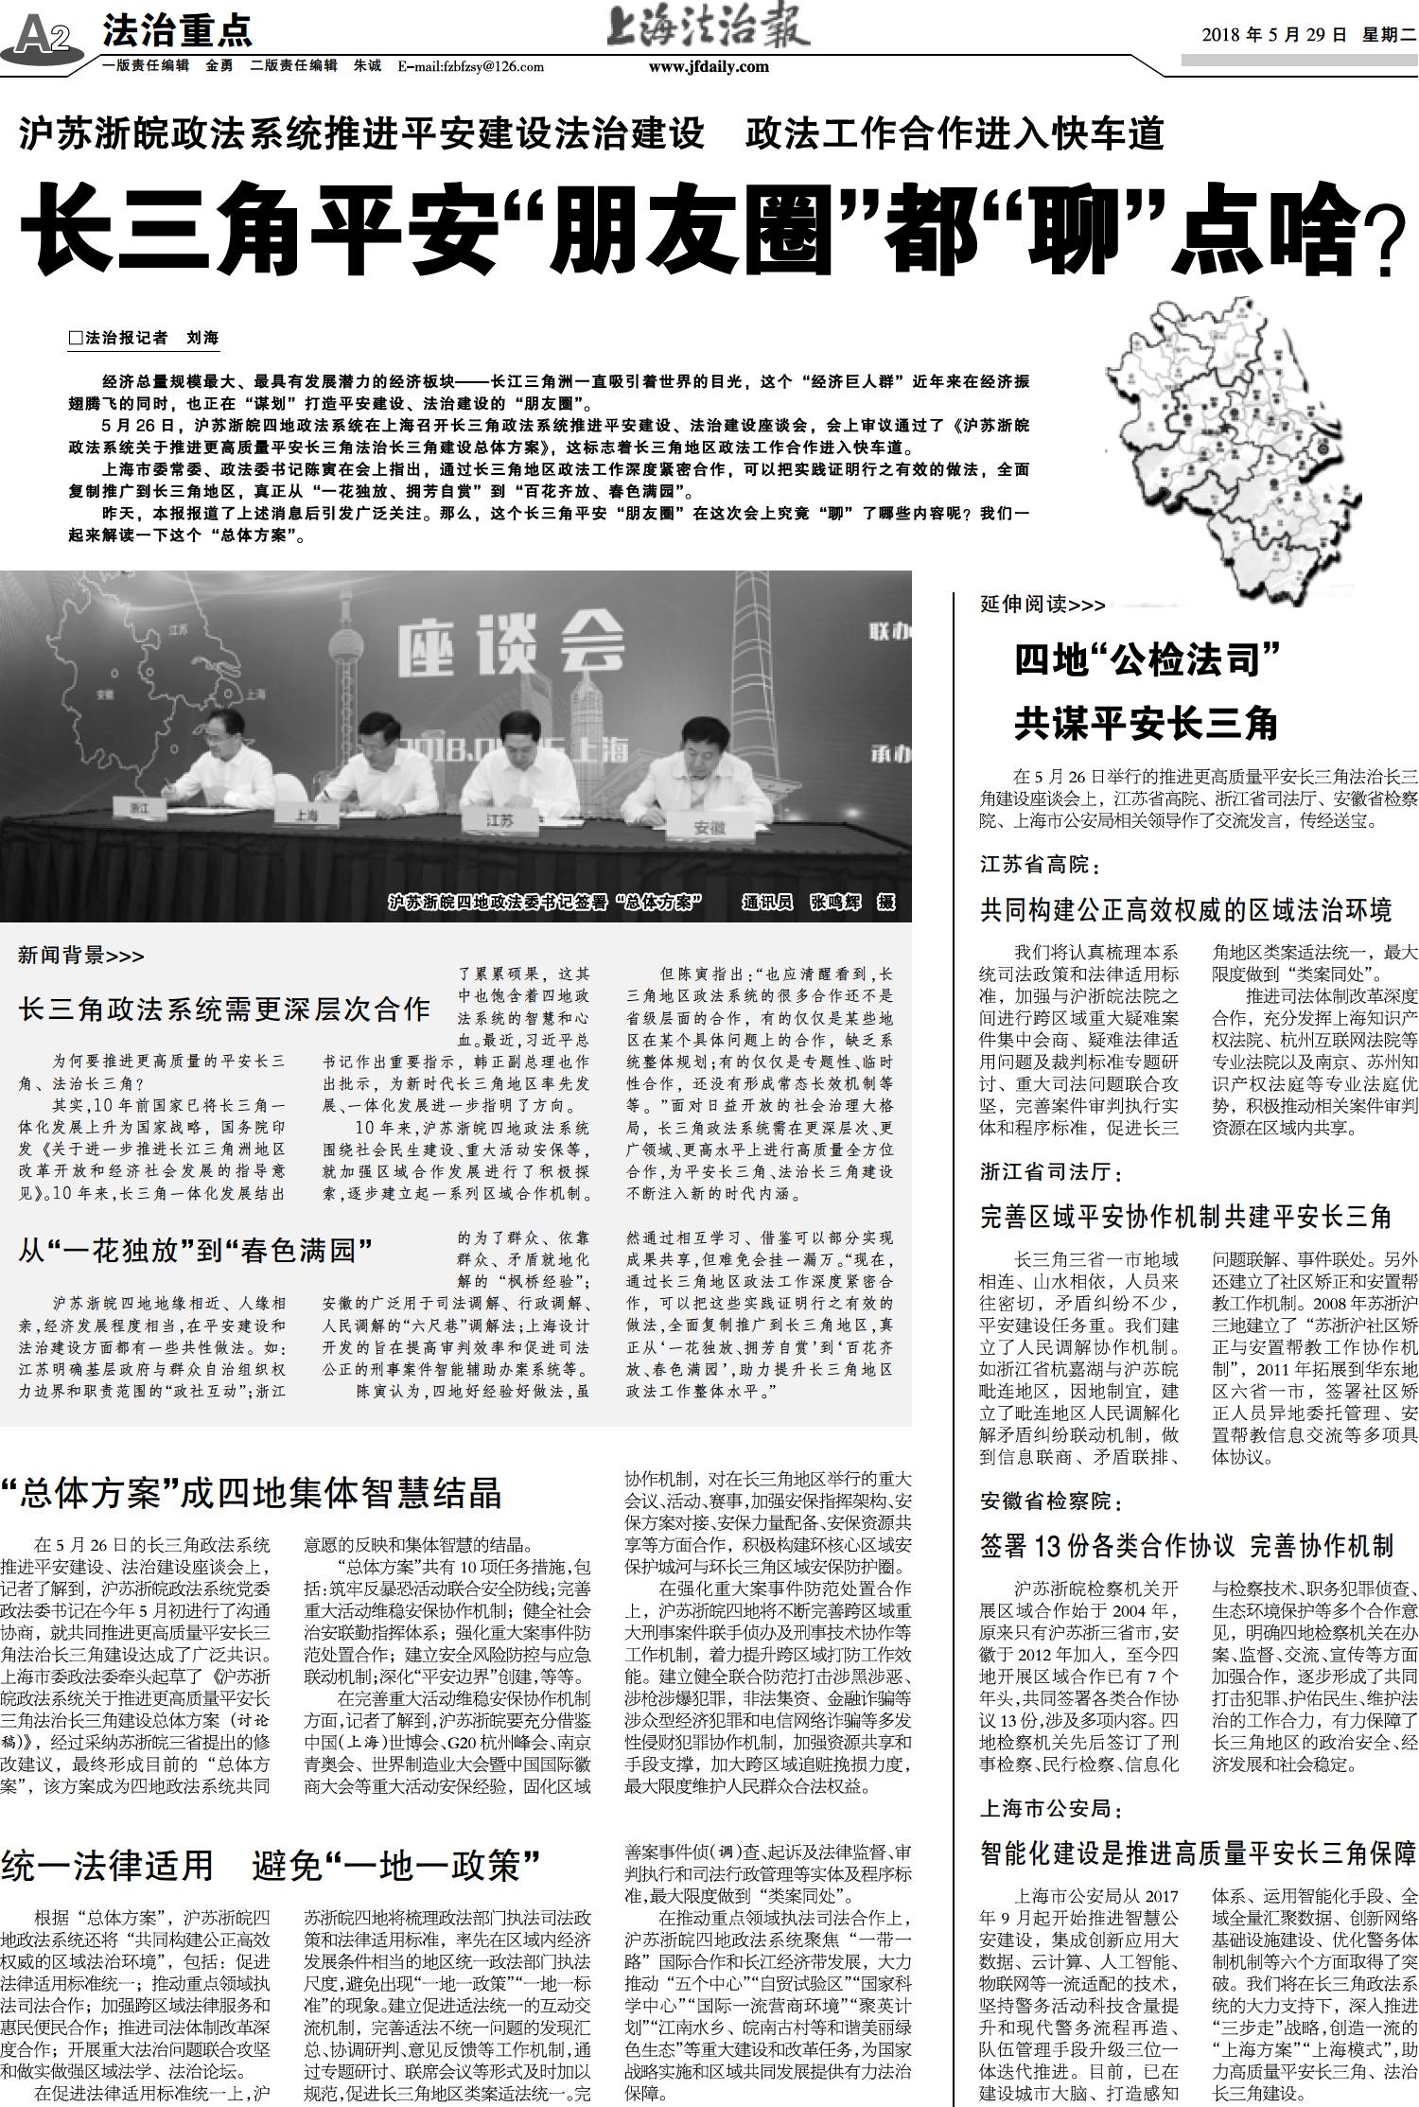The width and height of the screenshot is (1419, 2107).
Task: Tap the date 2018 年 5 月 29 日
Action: point(1273,35)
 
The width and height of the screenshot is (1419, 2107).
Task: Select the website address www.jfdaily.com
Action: point(709,66)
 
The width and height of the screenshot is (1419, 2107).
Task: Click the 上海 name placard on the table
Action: point(306,814)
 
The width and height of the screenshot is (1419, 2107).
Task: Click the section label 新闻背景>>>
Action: point(81,956)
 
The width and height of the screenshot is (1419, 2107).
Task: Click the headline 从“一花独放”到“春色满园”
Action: point(195,1252)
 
